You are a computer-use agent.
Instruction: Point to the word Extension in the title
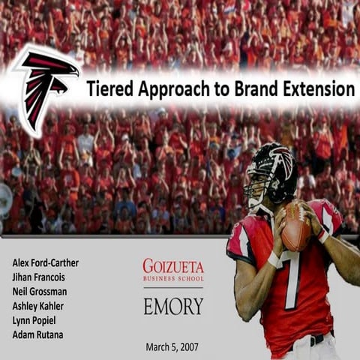tap(314, 88)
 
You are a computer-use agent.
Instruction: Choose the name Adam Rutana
tap(38, 334)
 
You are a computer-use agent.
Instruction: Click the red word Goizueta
tap(173, 266)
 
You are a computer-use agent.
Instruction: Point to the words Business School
tap(173, 279)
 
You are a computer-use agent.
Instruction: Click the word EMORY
tap(173, 305)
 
